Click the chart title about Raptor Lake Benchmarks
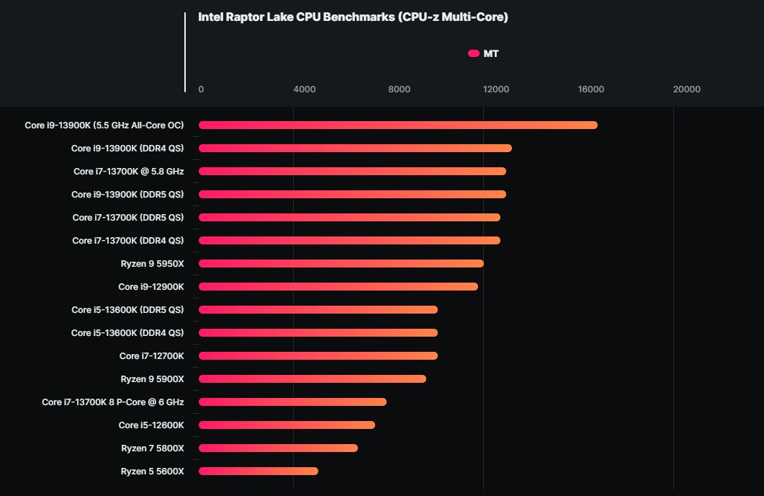point(353,17)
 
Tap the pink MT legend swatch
point(474,53)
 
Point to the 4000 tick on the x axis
point(305,89)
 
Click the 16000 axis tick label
point(591,89)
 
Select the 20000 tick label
point(686,89)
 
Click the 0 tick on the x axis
point(201,89)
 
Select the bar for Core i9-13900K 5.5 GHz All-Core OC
point(397,125)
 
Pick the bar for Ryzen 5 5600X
point(258,471)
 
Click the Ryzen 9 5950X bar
point(341,264)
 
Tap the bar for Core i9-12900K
point(338,287)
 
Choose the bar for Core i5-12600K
point(287,425)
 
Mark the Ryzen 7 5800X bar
point(278,448)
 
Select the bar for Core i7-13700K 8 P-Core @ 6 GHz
point(292,402)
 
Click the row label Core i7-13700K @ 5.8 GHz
point(129,172)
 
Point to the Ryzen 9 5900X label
point(153,379)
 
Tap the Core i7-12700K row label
point(152,356)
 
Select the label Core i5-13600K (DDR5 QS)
point(127,310)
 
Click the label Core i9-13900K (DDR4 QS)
point(127,149)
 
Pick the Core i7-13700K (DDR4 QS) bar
point(349,241)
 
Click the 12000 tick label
point(496,89)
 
